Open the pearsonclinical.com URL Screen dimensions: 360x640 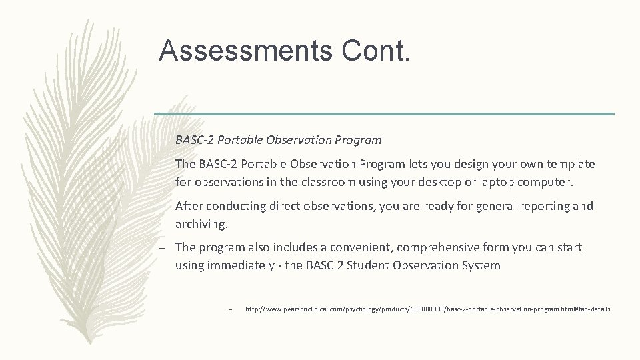click(427, 309)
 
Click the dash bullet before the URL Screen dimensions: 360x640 click(229, 309)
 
